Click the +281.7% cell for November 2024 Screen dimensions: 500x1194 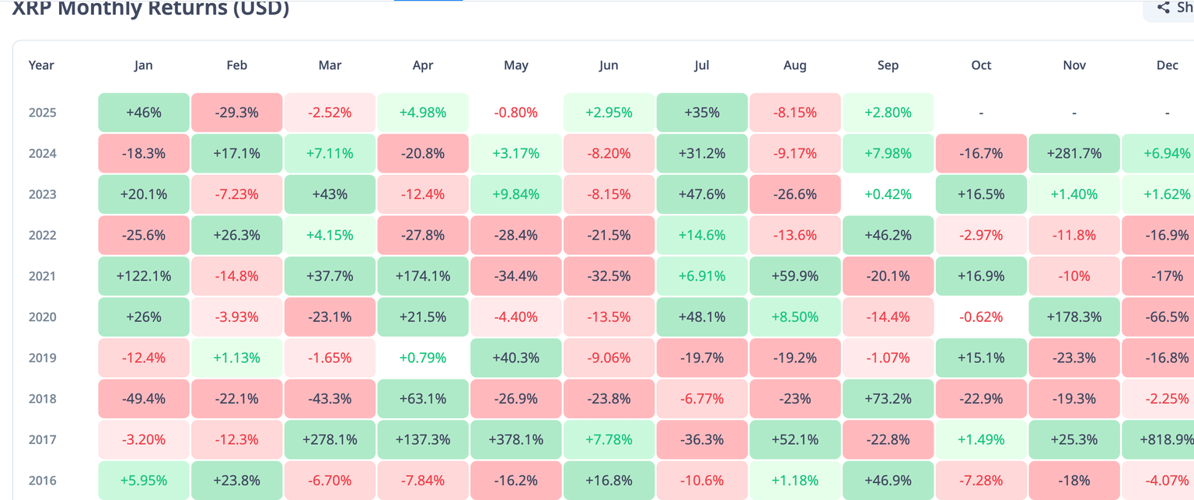[x=1074, y=153]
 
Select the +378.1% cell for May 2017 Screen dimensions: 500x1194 [x=516, y=439]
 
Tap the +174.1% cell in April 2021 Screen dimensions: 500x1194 [x=423, y=276]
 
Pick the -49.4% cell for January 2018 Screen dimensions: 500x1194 [x=144, y=399]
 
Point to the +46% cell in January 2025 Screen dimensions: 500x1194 [x=144, y=113]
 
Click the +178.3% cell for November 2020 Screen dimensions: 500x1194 [x=1074, y=317]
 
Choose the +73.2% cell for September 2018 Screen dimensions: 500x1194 [x=888, y=399]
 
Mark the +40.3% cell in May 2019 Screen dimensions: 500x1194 [x=516, y=358]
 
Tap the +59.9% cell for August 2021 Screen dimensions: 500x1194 [x=795, y=276]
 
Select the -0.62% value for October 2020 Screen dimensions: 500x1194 [x=981, y=317]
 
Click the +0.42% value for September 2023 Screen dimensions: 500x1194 [x=888, y=194]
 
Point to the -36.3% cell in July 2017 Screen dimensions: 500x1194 [x=702, y=439]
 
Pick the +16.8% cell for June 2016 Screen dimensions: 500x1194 [x=609, y=481]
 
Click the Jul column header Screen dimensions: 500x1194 [x=702, y=65]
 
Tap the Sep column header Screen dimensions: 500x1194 [x=888, y=65]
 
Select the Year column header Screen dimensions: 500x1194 [x=41, y=65]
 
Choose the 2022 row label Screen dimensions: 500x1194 [x=42, y=235]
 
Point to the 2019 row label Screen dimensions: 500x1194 [x=42, y=358]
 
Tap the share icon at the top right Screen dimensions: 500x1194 [x=1164, y=8]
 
